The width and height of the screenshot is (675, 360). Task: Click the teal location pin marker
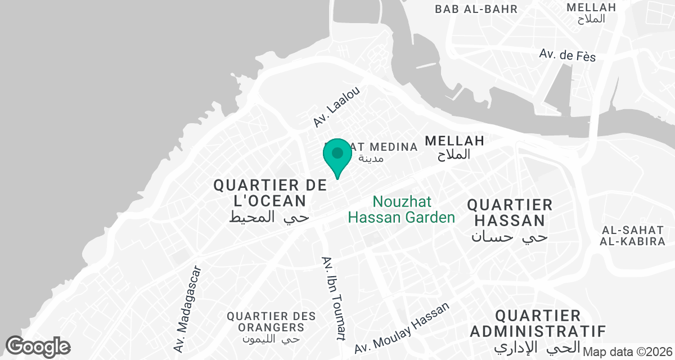point(337,155)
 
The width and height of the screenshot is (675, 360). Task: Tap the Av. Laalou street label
point(336,106)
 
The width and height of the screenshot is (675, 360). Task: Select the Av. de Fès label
point(567,55)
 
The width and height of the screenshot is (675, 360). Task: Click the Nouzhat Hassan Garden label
point(401,209)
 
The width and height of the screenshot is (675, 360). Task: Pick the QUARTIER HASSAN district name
point(510,212)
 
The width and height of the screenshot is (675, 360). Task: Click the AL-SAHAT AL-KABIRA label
point(633,236)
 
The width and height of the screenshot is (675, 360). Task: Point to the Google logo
point(38,346)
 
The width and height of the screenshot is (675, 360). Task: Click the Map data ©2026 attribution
point(628,352)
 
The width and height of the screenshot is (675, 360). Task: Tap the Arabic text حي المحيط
point(269,217)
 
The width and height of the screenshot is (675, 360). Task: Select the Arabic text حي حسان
point(509,237)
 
